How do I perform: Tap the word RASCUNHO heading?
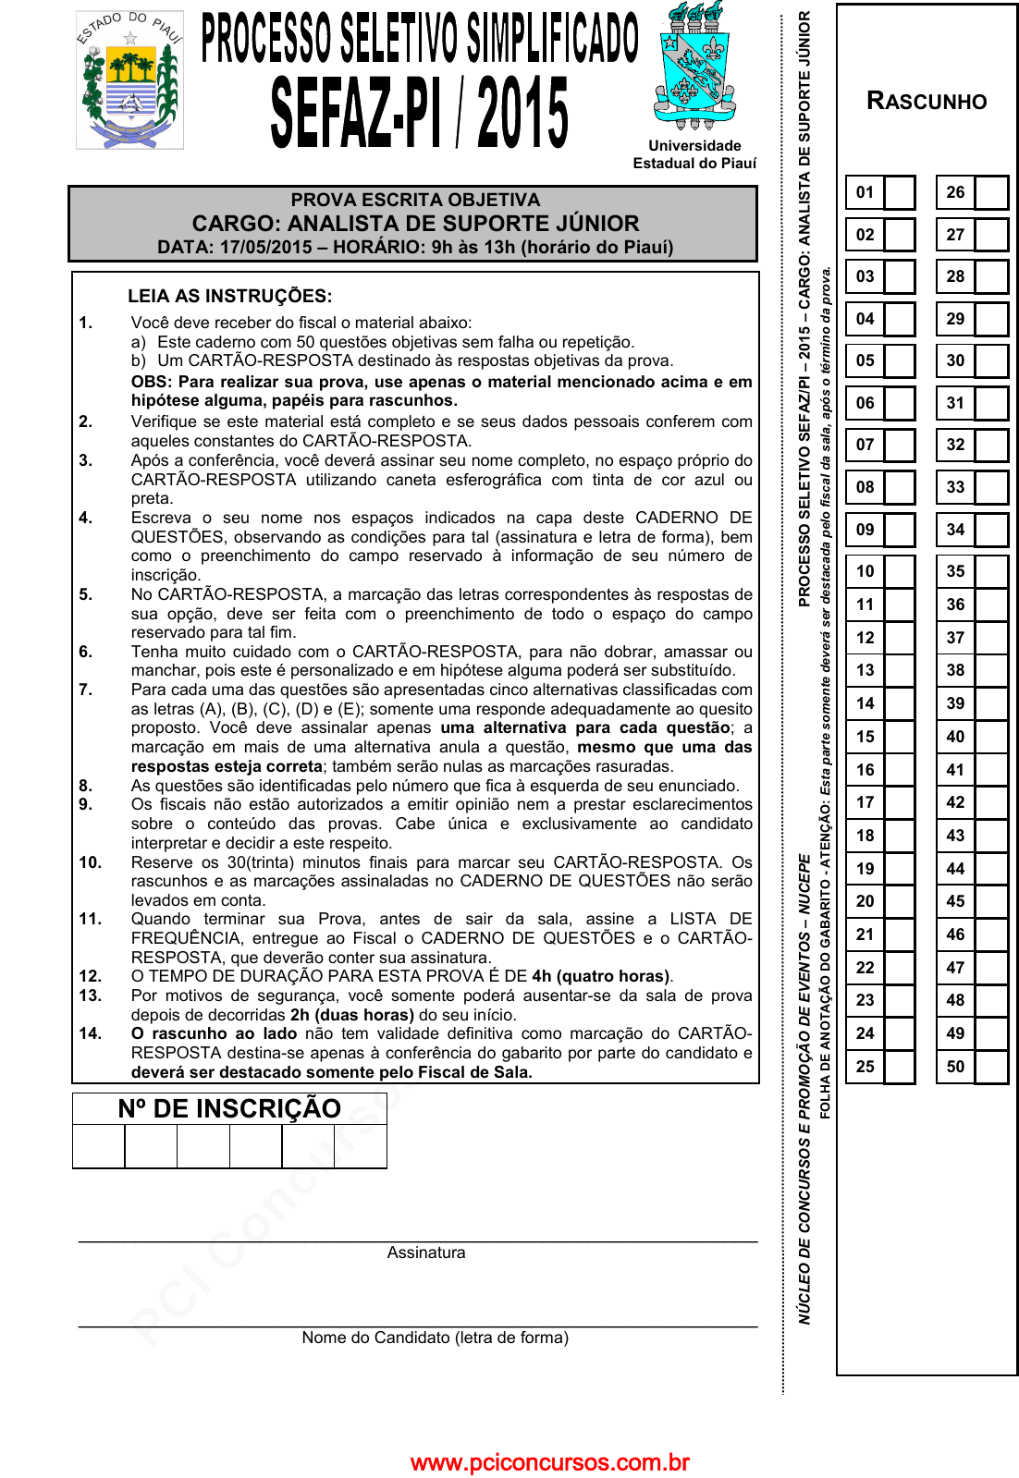pos(927,102)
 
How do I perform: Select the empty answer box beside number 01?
pos(899,192)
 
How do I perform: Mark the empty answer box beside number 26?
pos(990,192)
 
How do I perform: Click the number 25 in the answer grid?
pos(865,1067)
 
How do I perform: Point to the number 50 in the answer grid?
pos(955,1067)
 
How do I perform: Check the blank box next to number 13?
pos(899,670)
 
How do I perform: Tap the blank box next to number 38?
pos(990,670)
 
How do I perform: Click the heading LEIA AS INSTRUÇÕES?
pos(229,296)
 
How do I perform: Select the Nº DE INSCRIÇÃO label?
pos(229,1108)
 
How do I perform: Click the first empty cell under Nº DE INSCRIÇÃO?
pos(99,1146)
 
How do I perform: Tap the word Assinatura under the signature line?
pos(426,1252)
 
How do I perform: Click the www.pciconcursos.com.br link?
pos(549,1462)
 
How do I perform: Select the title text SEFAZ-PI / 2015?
pos(419,113)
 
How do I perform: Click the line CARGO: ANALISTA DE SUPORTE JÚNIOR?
pos(415,224)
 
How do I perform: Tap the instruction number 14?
pos(90,1033)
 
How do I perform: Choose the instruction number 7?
pos(85,690)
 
